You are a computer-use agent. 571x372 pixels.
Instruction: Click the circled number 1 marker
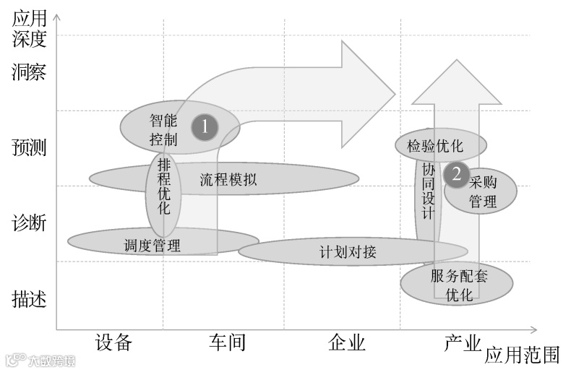tap(205, 127)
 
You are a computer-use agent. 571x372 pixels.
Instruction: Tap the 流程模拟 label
tap(228, 180)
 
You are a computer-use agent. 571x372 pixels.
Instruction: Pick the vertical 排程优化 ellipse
tap(164, 186)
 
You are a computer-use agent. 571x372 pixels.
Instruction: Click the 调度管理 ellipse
tap(153, 244)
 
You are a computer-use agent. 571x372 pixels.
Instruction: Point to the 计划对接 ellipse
tap(348, 252)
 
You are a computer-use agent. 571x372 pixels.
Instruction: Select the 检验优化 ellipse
tap(435, 146)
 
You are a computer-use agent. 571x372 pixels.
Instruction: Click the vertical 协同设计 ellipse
tap(429, 191)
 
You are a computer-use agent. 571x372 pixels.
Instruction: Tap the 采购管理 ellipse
tap(483, 191)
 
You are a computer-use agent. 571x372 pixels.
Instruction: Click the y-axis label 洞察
tap(29, 72)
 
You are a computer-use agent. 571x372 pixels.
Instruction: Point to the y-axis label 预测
tap(29, 148)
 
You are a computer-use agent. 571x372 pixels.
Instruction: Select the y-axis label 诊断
tap(29, 223)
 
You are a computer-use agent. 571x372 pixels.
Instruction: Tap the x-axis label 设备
tap(113, 342)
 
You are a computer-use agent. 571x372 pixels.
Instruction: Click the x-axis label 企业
tap(346, 342)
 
